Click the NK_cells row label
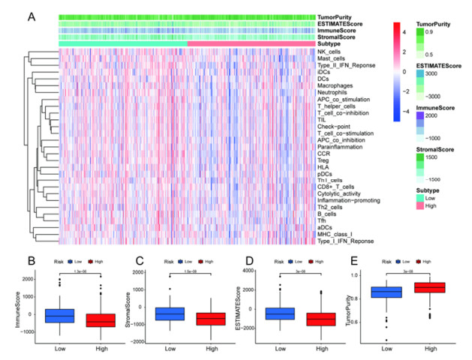[329, 52]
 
